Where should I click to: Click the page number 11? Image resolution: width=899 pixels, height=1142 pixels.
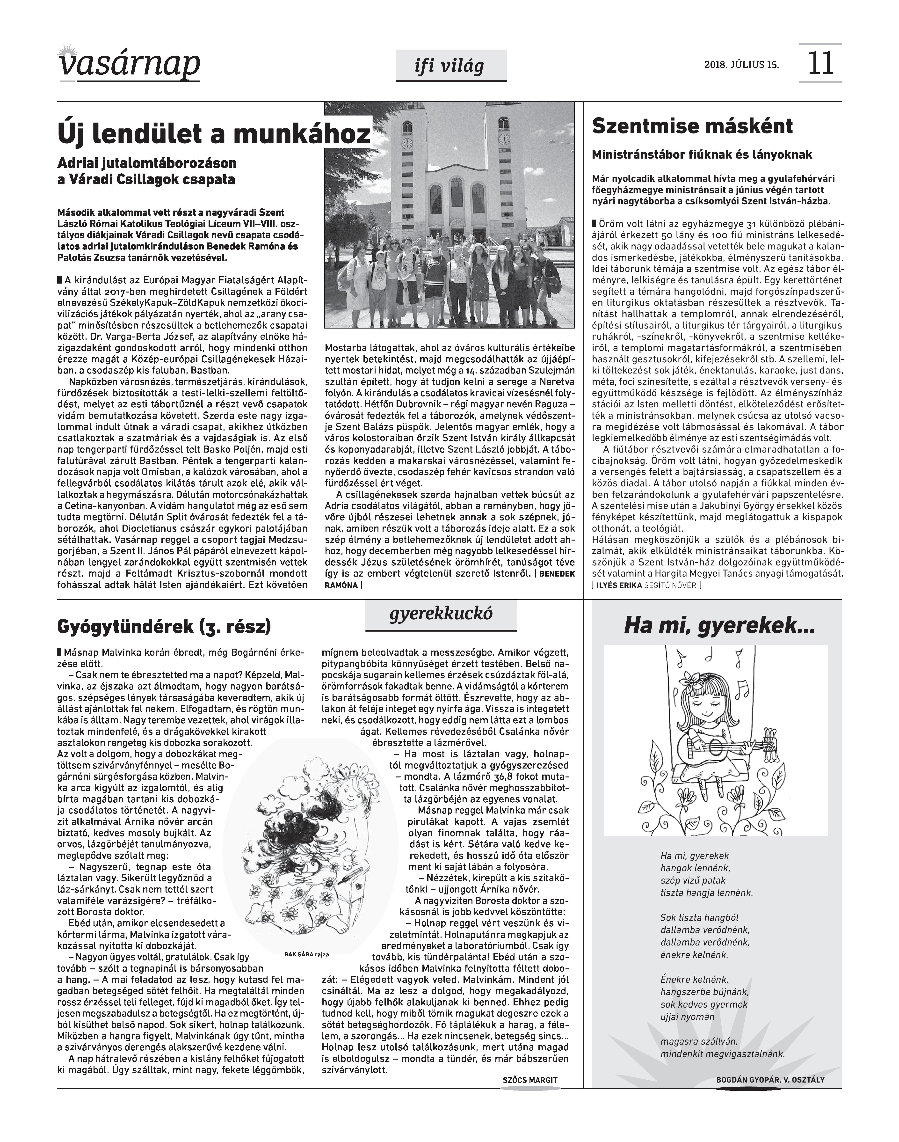pyautogui.click(x=820, y=63)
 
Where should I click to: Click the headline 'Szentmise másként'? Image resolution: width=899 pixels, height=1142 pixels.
pyautogui.click(x=692, y=126)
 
